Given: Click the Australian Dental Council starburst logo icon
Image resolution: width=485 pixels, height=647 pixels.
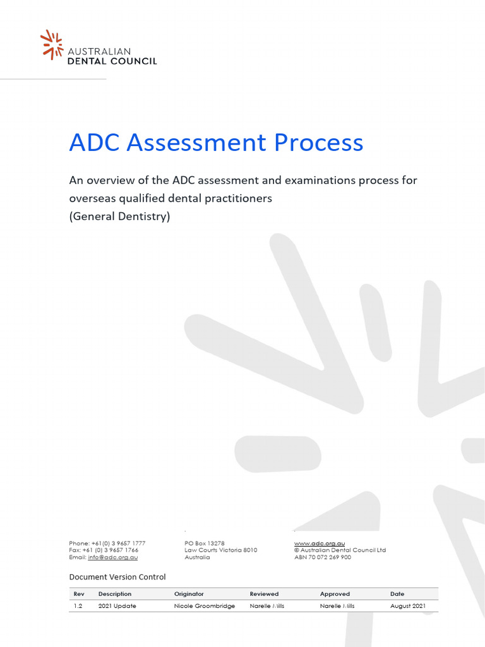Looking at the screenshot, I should point(52,44).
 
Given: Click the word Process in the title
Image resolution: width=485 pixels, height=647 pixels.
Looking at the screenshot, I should point(318,142).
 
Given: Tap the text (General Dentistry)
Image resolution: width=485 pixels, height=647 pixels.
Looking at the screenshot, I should point(119,215).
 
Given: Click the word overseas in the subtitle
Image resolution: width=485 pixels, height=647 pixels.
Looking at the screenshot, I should point(92,198).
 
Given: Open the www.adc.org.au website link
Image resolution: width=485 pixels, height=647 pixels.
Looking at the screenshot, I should point(319,543).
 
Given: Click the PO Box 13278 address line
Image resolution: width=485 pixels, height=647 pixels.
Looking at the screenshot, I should point(205,543).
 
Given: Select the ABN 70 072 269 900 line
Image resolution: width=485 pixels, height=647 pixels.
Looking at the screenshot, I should point(323,557).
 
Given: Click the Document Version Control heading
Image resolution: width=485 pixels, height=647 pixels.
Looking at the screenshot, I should point(117,576).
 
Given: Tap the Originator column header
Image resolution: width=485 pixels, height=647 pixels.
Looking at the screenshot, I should point(189,594).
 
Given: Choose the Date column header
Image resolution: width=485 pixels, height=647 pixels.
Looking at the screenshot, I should point(397,594).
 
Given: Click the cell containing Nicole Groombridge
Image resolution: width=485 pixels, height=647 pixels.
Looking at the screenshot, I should point(204,606).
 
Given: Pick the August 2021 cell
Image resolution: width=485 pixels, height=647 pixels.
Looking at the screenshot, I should point(408,606).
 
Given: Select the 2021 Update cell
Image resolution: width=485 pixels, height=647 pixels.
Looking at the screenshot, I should point(117,606).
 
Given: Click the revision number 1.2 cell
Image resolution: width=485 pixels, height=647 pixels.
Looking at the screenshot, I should point(78,606).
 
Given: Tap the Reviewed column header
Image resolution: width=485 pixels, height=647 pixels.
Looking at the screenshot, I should point(264,594).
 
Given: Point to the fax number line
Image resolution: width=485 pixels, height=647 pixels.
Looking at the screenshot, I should point(104,550).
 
